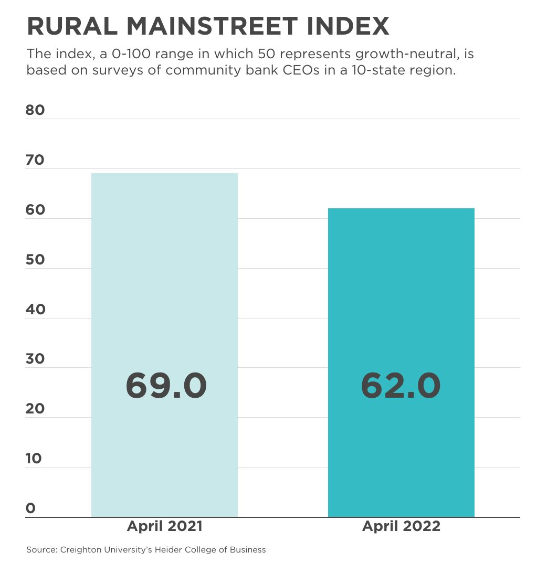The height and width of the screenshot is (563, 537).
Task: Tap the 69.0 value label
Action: pyautogui.click(x=166, y=386)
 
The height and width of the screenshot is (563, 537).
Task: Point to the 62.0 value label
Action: pyautogui.click(x=401, y=386)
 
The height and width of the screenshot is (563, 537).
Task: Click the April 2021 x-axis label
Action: pyautogui.click(x=164, y=526)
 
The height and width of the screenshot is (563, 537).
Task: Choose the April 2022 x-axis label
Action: pyautogui.click(x=401, y=526)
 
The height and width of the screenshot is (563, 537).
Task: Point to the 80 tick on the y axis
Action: pyautogui.click(x=35, y=110)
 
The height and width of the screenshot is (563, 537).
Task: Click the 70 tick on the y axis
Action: pyautogui.click(x=35, y=160)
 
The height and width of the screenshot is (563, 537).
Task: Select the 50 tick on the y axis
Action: pyautogui.click(x=35, y=260)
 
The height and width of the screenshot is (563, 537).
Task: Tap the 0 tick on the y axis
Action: pyautogui.click(x=30, y=508)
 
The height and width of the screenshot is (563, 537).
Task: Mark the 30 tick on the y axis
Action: pyautogui.click(x=35, y=359)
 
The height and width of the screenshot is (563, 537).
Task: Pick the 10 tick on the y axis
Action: pyautogui.click(x=34, y=459)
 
